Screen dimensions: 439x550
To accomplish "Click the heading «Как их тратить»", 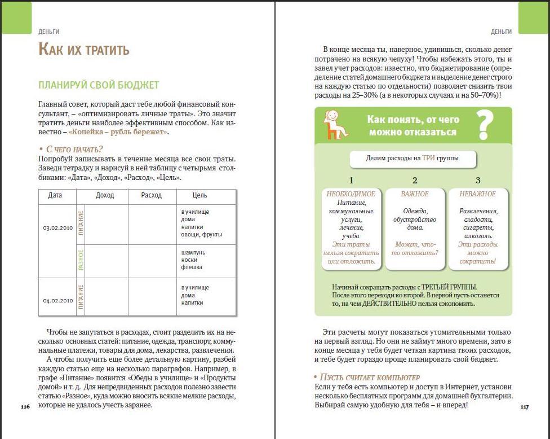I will tap(84, 50).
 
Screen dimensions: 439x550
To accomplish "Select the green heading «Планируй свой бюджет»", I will tap(99, 85).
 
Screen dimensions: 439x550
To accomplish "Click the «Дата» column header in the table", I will tap(55, 195).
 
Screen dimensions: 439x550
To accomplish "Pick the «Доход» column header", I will tap(105, 195).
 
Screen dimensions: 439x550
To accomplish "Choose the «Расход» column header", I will tap(152, 195).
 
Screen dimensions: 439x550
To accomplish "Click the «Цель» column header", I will tap(199, 195).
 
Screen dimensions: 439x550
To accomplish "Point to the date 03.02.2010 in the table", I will tap(57, 228).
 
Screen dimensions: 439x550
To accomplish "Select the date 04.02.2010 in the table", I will tap(57, 300).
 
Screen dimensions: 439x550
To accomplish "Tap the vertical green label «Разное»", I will tap(81, 260).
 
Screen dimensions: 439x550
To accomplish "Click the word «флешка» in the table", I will tap(192, 267).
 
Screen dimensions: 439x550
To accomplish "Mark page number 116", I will tap(25, 406).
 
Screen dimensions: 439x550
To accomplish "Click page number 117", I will tap(524, 406).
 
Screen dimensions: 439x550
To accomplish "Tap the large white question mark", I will tap(485, 125).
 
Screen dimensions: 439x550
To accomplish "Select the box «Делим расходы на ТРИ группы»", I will tap(412, 159).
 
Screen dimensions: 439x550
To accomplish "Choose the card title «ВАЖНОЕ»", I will tap(415, 194).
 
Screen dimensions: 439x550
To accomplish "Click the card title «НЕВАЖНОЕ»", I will tap(478, 194).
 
